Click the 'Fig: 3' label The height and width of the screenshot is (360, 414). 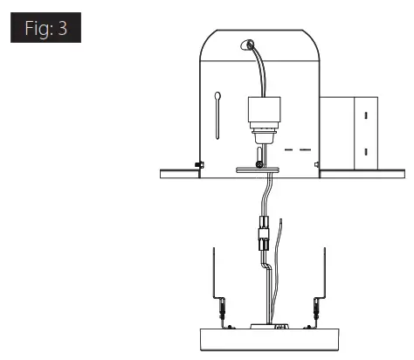click(45, 28)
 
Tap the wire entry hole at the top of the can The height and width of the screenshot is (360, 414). click(247, 45)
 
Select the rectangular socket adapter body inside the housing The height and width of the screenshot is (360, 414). click(264, 109)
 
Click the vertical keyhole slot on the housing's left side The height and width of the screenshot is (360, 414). click(217, 115)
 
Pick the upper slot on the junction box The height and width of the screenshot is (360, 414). click(366, 115)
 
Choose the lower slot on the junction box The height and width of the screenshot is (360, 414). click(366, 152)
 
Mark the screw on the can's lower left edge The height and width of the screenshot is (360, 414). click(199, 165)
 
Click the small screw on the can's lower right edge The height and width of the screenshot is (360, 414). click(317, 164)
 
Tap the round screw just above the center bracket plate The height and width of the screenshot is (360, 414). click(259, 165)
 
